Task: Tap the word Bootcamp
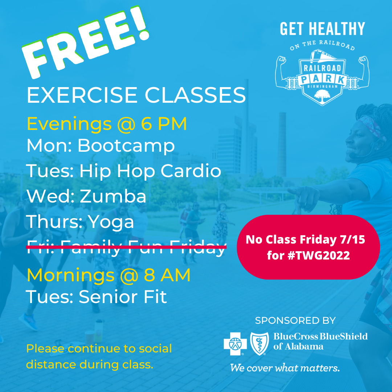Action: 126,146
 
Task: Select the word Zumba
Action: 113,196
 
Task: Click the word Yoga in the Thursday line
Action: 111,222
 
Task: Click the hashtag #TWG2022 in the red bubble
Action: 319,256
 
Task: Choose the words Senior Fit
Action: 123,297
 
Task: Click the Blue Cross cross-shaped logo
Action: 235,344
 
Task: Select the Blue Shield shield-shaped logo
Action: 260,344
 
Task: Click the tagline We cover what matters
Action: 285,368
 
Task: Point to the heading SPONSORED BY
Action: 295,320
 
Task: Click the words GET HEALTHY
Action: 323,29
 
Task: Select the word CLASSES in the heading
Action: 195,95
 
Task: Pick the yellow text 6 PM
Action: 164,123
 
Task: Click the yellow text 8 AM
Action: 167,275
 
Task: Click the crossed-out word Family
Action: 91,247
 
